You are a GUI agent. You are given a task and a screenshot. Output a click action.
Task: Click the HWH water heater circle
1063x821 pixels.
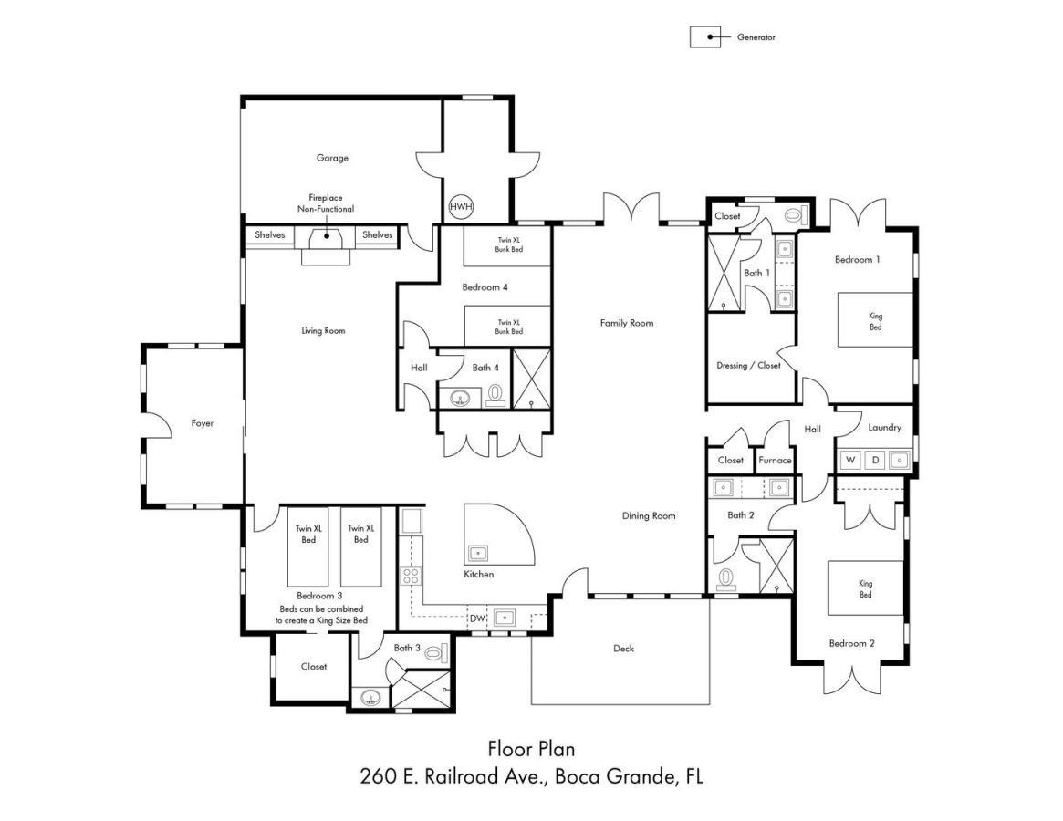pyautogui.click(x=461, y=206)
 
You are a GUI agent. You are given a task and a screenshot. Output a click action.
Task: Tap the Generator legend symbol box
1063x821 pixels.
pyautogui.click(x=705, y=37)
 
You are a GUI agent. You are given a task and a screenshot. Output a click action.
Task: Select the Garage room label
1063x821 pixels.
pyautogui.click(x=332, y=158)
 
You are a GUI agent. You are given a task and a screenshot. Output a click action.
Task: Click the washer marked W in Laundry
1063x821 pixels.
pyautogui.click(x=850, y=460)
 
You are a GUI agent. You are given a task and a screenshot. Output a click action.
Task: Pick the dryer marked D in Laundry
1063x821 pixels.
pyautogui.click(x=875, y=460)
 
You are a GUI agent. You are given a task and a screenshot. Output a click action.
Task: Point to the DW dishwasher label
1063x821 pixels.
pyautogui.click(x=477, y=618)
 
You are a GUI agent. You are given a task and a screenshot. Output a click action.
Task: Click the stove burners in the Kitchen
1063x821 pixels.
pyautogui.click(x=411, y=577)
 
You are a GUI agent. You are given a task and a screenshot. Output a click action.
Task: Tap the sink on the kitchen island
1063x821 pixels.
pyautogui.click(x=477, y=554)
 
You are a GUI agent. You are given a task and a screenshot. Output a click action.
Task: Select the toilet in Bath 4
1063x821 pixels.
pyautogui.click(x=495, y=395)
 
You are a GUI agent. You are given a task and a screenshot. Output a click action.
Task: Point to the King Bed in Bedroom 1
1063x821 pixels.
pyautogui.click(x=876, y=320)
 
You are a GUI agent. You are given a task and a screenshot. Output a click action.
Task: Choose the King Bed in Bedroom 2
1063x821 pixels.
pyautogui.click(x=866, y=587)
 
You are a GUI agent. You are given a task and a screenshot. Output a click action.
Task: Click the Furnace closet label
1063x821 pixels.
pyautogui.click(x=775, y=460)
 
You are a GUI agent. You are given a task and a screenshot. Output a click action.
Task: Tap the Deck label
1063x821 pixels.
pyautogui.click(x=624, y=648)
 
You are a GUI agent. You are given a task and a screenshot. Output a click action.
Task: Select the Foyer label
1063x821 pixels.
pyautogui.click(x=202, y=423)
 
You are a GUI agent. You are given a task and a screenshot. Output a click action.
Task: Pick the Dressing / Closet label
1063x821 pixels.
pyautogui.click(x=748, y=366)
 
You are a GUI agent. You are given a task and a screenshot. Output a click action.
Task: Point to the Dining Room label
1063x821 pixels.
pyautogui.click(x=649, y=515)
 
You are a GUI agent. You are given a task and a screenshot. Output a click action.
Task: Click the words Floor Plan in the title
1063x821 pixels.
pyautogui.click(x=531, y=748)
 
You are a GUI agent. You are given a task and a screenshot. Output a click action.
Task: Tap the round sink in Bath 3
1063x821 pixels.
pyautogui.click(x=370, y=698)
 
